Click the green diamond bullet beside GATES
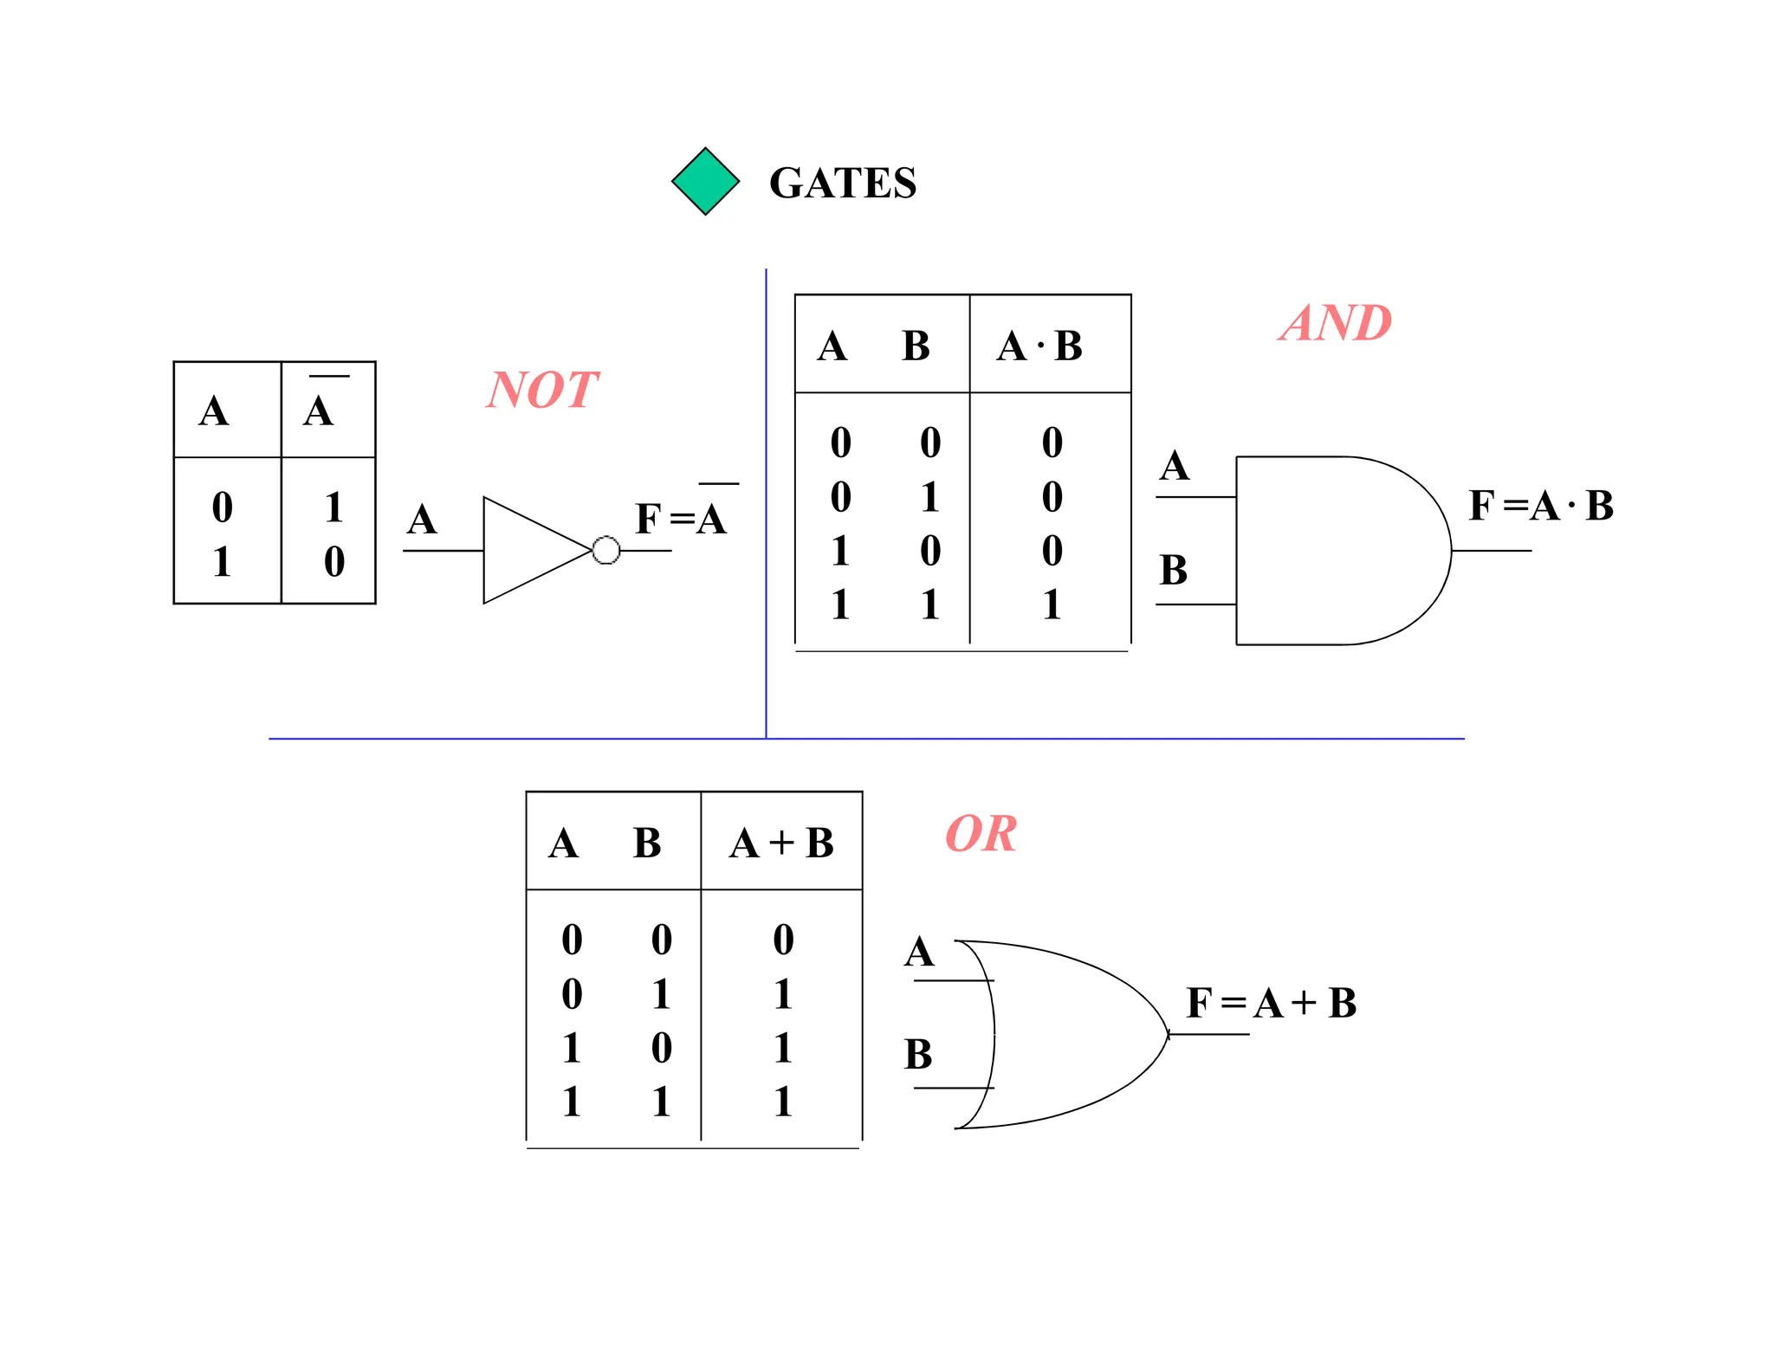(x=705, y=181)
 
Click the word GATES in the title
(x=842, y=183)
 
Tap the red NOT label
(x=542, y=390)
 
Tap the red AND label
(x=1335, y=323)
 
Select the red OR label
(x=981, y=834)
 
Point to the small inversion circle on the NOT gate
(x=605, y=550)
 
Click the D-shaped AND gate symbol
(x=1334, y=550)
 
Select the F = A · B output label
(x=1540, y=505)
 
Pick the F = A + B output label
(x=1270, y=1003)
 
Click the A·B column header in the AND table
(x=1039, y=346)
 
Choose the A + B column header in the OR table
(x=781, y=843)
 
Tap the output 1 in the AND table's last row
(x=1052, y=604)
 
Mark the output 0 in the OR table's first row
(x=783, y=940)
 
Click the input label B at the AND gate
(x=1173, y=570)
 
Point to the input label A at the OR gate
(x=919, y=952)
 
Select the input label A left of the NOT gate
(x=422, y=520)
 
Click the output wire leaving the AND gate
(x=1492, y=550)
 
